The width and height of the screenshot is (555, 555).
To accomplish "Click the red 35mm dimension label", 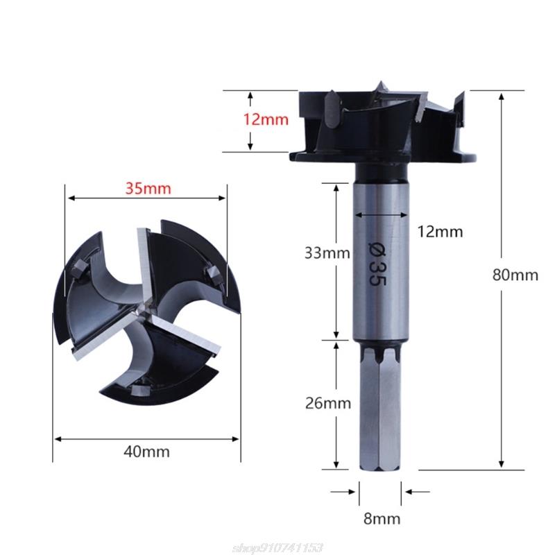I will click(x=147, y=188).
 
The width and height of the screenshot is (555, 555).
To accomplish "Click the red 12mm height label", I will click(x=266, y=119).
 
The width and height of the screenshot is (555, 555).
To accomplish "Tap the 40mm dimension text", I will click(x=147, y=452).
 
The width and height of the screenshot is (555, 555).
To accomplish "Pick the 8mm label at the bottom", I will click(x=380, y=518).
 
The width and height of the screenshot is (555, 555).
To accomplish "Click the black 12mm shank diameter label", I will click(x=440, y=232).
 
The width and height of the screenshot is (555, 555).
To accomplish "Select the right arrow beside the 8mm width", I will click(x=417, y=492).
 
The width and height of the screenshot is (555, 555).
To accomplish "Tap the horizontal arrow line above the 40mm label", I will click(x=147, y=438).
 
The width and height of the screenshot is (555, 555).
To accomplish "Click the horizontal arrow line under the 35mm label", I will click(x=147, y=199).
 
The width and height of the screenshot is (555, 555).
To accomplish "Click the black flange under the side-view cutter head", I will click(x=384, y=157).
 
